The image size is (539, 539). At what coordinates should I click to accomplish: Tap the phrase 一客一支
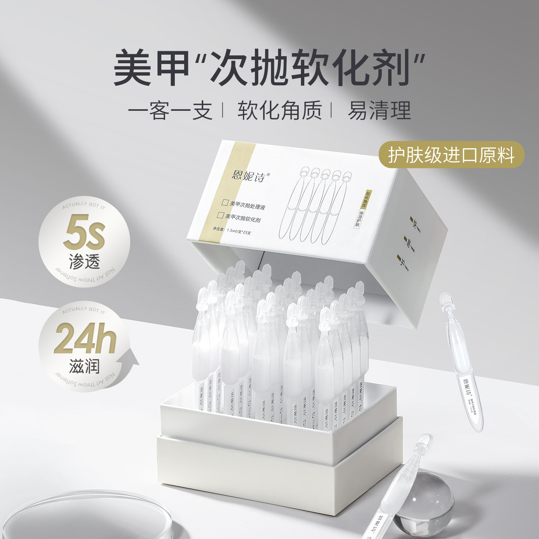point(171,111)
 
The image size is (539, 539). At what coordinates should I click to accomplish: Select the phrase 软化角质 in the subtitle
point(280,111)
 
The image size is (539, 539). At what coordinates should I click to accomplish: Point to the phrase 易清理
point(379,111)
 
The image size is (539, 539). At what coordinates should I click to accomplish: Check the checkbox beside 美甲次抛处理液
point(225,203)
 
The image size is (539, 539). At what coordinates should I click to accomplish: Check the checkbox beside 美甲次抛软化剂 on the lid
point(221,216)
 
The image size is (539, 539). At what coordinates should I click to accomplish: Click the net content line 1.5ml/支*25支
point(232,229)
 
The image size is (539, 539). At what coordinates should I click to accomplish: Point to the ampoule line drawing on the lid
point(316,204)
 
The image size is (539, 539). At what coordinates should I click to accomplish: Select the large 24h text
point(85,339)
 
